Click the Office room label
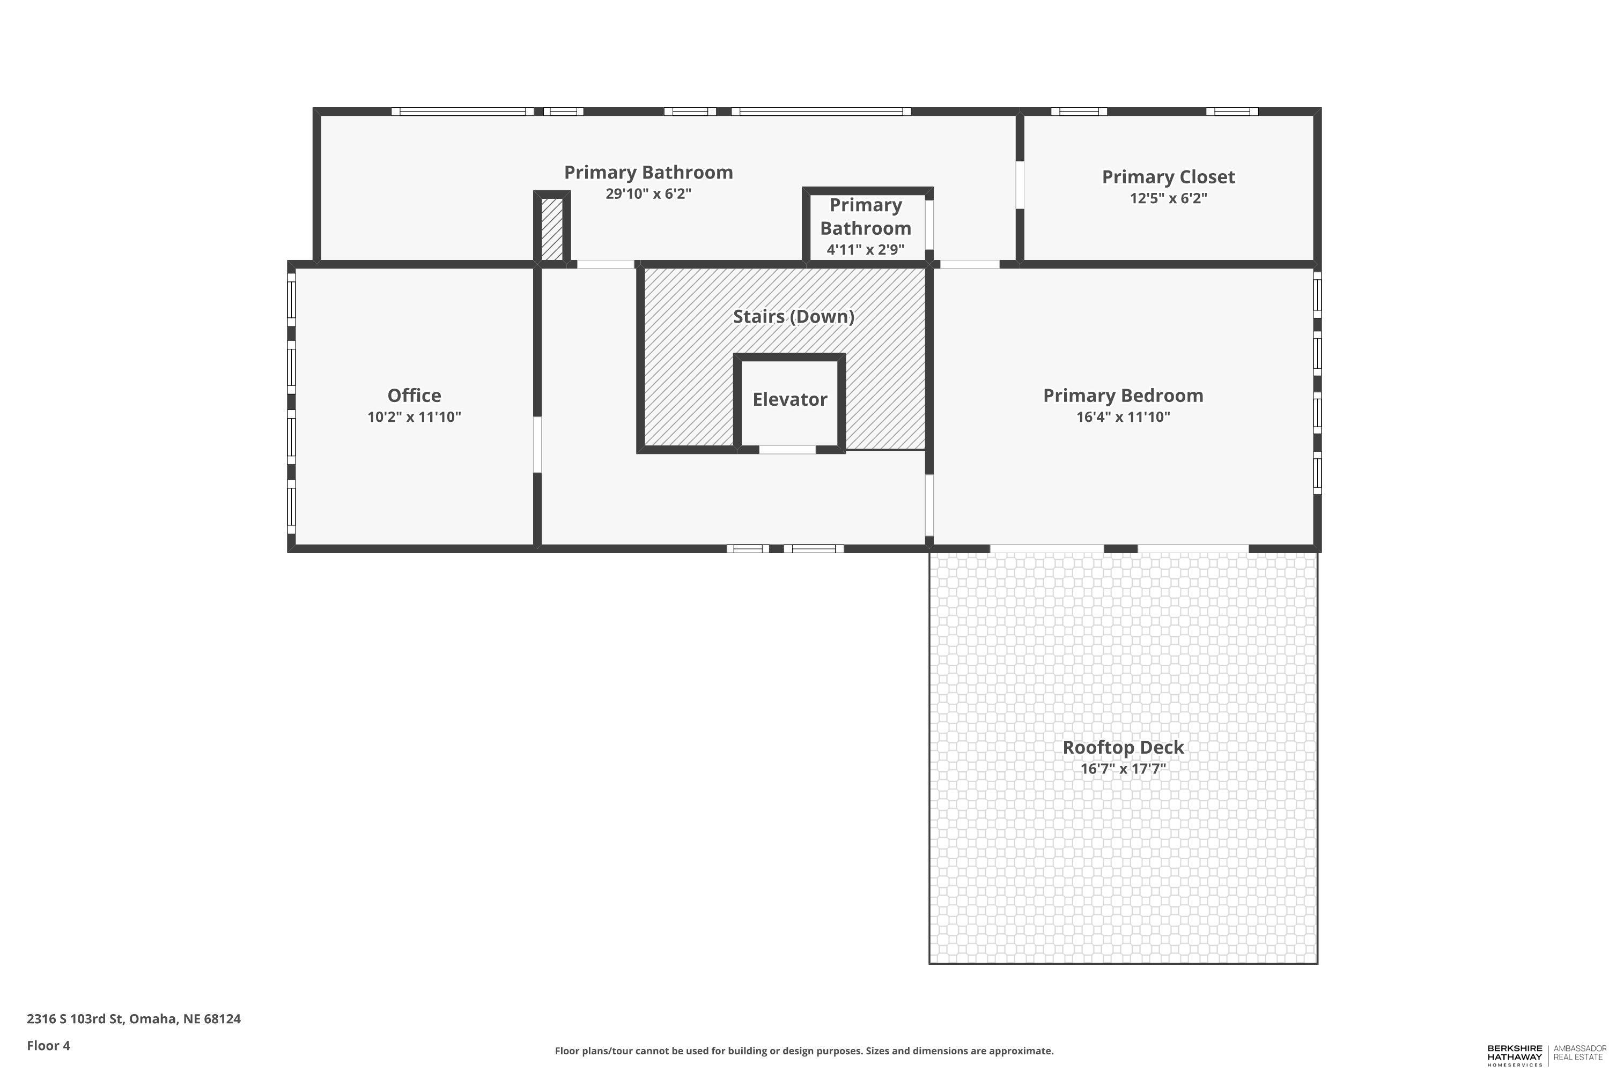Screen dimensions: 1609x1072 tap(414, 395)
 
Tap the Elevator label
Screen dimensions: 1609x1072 tap(789, 399)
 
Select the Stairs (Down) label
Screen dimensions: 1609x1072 tap(794, 317)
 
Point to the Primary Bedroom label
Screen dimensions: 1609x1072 tap(1123, 395)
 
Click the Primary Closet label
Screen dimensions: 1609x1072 tap(1169, 177)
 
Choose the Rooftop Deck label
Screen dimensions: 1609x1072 tap(1123, 747)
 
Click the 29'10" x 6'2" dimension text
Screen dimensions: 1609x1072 tap(648, 193)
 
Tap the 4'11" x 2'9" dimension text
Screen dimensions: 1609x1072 tap(866, 250)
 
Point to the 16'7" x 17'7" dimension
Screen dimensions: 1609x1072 tap(1123, 769)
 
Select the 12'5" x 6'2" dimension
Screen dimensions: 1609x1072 tap(1169, 198)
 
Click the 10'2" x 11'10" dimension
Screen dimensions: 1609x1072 tap(414, 417)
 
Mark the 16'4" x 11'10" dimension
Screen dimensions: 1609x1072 tap(1123, 417)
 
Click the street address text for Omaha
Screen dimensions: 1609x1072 tap(134, 1019)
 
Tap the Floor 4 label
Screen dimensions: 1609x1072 tap(49, 1045)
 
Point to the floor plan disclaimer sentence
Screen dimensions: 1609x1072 tap(804, 1051)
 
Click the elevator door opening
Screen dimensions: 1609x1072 tap(787, 449)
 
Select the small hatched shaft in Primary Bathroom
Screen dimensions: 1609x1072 tap(552, 228)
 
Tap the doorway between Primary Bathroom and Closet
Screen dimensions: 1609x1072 tap(1020, 184)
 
